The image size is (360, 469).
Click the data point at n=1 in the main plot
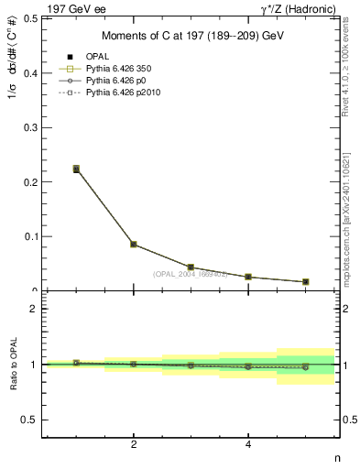click(76, 169)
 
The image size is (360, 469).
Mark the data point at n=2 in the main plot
click(134, 245)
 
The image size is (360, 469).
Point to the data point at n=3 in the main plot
click(191, 267)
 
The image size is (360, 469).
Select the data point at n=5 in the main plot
click(305, 281)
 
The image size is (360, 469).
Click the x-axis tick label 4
click(248, 444)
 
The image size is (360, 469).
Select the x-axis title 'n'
click(336, 456)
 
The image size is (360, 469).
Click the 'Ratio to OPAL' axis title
click(12, 365)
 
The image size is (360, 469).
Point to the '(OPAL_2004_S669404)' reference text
click(191, 274)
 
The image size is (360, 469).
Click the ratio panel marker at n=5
click(305, 366)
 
